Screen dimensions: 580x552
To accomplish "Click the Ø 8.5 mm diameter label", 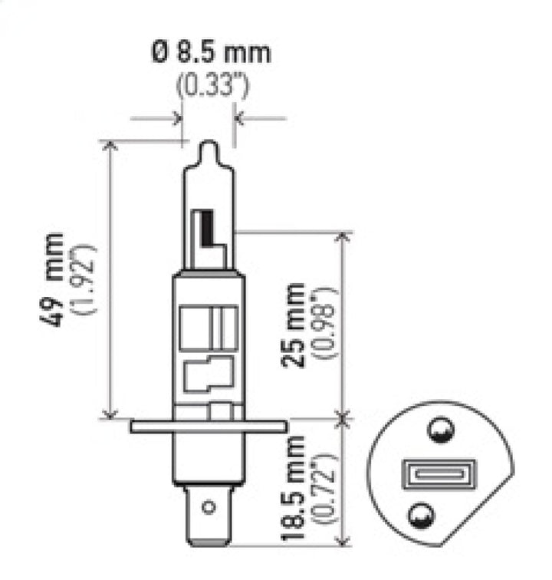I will (x=212, y=53).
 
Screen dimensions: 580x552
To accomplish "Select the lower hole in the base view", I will (x=421, y=512).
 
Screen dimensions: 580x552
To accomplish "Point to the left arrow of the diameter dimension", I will (x=177, y=119).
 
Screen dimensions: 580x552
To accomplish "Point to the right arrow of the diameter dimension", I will (x=238, y=119).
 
